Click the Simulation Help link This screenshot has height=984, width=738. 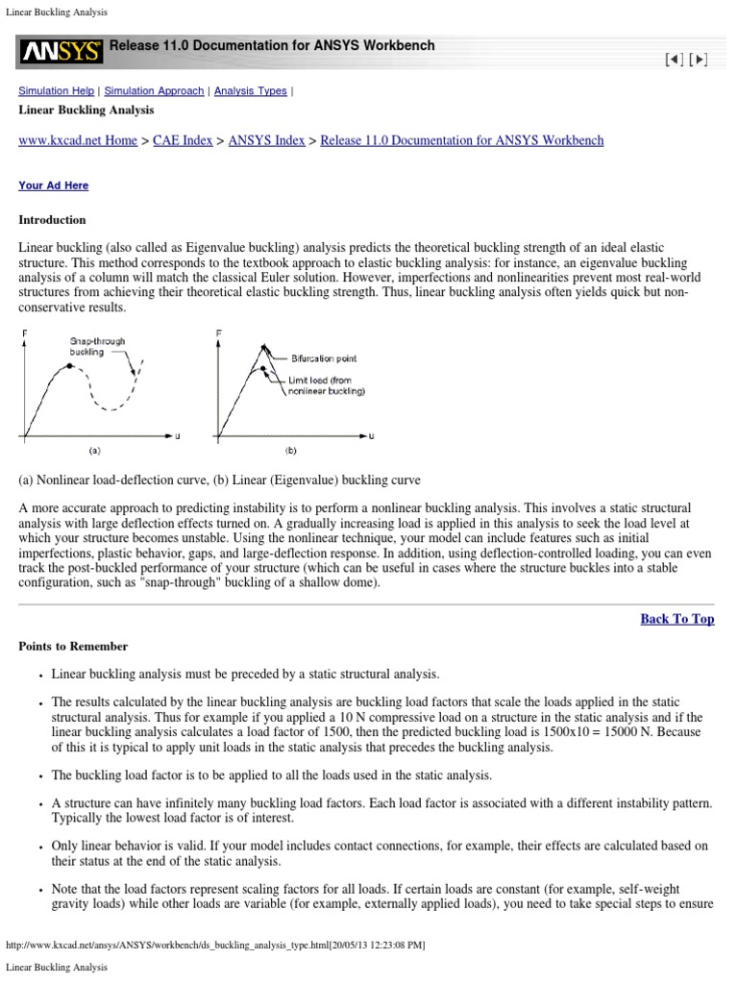[x=57, y=91]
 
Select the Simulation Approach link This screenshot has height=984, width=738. [x=154, y=91]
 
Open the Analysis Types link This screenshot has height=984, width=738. [x=250, y=91]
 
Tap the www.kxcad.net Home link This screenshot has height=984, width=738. [x=78, y=140]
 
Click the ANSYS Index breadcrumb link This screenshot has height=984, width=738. [x=266, y=140]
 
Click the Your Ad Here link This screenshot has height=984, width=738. [x=53, y=185]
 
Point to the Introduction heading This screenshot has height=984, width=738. [x=52, y=220]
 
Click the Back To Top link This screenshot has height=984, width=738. [x=676, y=619]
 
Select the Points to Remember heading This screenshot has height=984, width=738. [x=73, y=647]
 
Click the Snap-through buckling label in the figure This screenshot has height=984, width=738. [x=97, y=347]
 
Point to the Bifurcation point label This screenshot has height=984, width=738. [x=323, y=358]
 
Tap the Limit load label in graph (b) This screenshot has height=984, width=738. [x=327, y=385]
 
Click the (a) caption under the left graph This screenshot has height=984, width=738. [x=94, y=449]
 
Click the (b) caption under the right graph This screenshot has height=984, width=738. [x=290, y=449]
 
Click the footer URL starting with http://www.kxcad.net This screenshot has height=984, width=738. [x=216, y=946]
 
